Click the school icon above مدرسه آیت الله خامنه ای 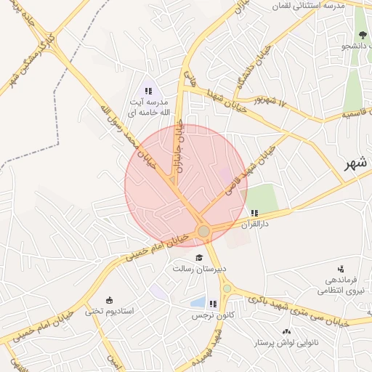[x=148, y=92]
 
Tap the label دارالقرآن [x=256, y=225]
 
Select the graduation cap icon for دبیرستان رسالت [x=199, y=258]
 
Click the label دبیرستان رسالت [x=199, y=269]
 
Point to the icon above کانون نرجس [x=211, y=304]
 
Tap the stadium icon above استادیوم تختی [x=110, y=300]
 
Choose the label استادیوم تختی [x=110, y=311]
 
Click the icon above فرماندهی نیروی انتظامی [x=340, y=269]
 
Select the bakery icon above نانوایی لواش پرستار [x=286, y=331]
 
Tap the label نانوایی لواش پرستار [x=287, y=342]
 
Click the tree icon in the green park [x=362, y=34]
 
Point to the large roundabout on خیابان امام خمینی [x=204, y=231]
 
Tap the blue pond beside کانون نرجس [x=197, y=302]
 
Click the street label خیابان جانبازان [x=179, y=145]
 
